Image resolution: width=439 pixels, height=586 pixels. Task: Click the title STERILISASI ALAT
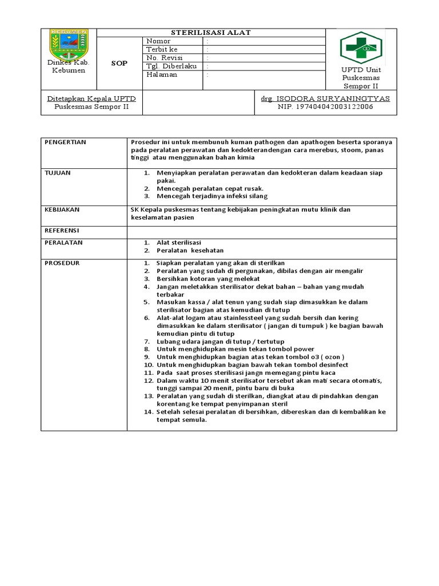coord(211,33)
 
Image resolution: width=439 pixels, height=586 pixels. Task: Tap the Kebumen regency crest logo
coord(69,45)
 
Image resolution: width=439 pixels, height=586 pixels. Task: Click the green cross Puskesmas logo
coord(361,47)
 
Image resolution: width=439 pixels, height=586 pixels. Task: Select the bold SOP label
coord(119,63)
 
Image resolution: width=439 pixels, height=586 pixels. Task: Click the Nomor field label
coord(158,41)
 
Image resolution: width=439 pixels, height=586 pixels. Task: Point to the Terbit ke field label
coord(162,50)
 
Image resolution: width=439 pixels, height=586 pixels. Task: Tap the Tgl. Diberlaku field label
coord(171,66)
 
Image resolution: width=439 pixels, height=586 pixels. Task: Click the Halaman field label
coord(162,74)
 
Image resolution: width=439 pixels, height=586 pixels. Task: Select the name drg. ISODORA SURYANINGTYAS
coord(325,98)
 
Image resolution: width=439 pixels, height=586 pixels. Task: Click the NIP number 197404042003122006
coord(325,106)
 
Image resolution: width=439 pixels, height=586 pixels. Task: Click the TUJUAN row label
coord(57,172)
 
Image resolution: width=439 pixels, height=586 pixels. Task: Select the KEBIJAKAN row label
coord(62,209)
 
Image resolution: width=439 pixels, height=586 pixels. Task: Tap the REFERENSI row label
coord(62,230)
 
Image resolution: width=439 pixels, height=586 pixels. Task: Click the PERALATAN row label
coord(63,243)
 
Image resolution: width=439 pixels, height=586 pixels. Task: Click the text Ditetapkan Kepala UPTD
coord(91,98)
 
